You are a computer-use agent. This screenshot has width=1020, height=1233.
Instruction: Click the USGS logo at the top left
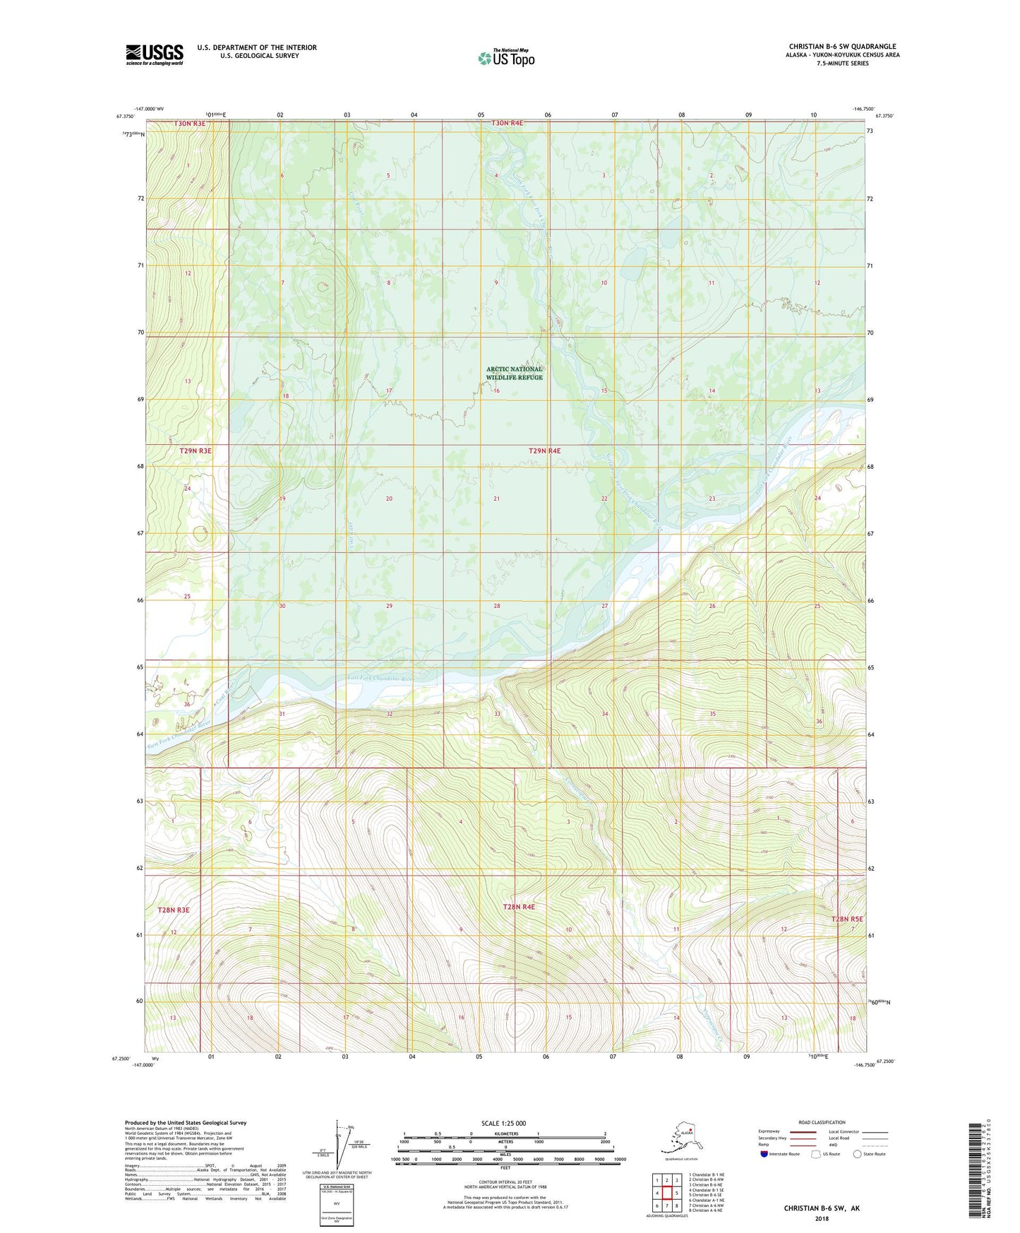[154, 54]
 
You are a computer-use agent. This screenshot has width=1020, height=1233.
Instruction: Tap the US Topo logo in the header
[506, 58]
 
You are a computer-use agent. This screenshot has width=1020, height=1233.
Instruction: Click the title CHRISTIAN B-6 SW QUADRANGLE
[842, 47]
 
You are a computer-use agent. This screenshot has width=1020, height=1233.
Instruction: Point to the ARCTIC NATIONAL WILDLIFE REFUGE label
[514, 373]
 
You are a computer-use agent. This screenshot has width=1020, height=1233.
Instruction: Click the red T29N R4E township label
[544, 451]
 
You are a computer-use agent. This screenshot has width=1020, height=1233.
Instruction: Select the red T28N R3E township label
[174, 910]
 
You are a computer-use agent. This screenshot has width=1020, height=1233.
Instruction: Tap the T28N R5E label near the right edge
[847, 919]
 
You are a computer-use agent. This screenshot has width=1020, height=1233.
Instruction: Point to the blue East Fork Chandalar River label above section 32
[380, 678]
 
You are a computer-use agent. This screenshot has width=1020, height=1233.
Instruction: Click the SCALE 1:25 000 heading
[504, 1123]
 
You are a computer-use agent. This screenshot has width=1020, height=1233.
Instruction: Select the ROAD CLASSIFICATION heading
[822, 1122]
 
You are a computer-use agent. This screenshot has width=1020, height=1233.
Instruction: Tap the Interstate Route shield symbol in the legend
[764, 1154]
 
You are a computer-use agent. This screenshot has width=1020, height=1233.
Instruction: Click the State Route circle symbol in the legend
[858, 1154]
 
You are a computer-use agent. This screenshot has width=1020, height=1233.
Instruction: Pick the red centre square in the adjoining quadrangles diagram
[666, 1193]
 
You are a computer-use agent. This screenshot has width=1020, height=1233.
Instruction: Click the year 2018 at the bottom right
[822, 1218]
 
